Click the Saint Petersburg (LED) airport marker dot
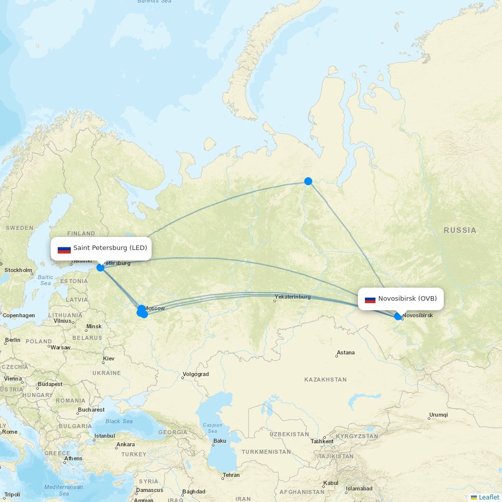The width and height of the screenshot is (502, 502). [100, 268]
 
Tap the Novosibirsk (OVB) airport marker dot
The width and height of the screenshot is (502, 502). [398, 316]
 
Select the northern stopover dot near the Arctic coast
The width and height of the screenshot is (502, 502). [308, 181]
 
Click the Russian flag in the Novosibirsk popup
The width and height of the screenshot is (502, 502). [370, 299]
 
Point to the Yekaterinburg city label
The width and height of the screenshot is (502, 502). [293, 297]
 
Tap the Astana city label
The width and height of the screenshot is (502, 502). [345, 352]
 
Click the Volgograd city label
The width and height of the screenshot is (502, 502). [196, 374]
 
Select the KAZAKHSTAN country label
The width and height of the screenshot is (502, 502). [325, 380]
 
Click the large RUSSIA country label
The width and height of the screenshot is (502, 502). [460, 230]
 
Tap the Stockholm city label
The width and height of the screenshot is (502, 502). [18, 270]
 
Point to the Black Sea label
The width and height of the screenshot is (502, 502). [119, 421]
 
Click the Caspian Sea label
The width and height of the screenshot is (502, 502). [212, 428]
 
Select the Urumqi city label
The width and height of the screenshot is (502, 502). [438, 415]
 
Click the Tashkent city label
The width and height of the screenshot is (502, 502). [322, 441]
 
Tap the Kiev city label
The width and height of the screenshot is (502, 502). [108, 358]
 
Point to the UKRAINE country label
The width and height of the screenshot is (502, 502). [106, 373]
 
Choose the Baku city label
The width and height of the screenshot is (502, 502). [220, 441]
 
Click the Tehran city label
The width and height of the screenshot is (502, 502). [231, 475]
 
